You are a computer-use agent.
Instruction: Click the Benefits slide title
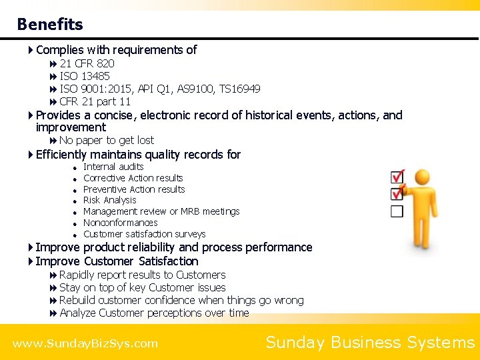pyautogui.click(x=50, y=25)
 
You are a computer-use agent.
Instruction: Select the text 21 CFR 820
pyautogui.click(x=87, y=63)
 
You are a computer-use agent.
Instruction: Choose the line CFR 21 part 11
pyautogui.click(x=95, y=101)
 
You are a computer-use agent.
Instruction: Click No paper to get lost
pyautogui.click(x=106, y=140)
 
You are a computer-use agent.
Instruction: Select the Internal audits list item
pyautogui.click(x=113, y=167)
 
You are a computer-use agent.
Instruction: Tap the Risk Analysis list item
pyautogui.click(x=109, y=200)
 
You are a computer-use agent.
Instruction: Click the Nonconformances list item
pyautogui.click(x=120, y=223)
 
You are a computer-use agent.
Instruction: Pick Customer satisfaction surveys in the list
pyautogui.click(x=144, y=234)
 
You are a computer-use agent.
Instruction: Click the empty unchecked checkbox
pyautogui.click(x=397, y=211)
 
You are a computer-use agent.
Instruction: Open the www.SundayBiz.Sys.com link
pyautogui.click(x=85, y=344)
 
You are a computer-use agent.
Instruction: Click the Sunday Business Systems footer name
pyautogui.click(x=370, y=343)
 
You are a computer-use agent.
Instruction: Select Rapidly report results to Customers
pyautogui.click(x=142, y=275)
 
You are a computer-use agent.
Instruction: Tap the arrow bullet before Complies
pyautogui.click(x=31, y=50)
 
